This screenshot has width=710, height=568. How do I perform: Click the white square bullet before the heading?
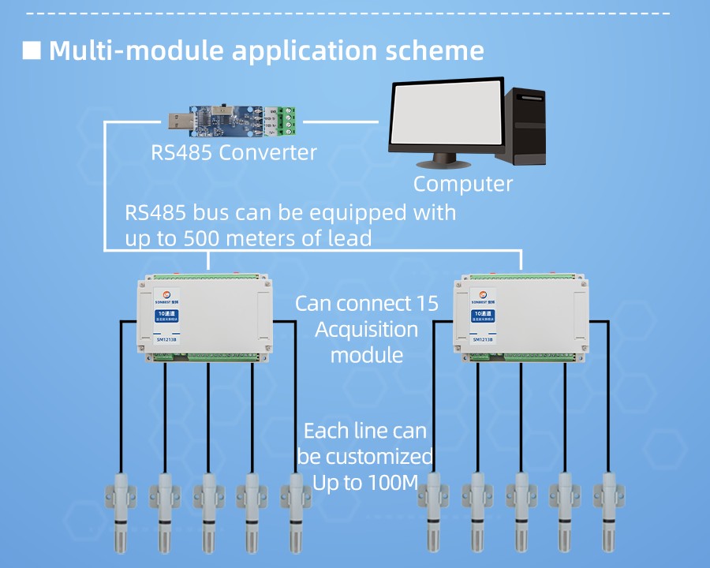point(32,50)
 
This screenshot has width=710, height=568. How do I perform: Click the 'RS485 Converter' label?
point(234,152)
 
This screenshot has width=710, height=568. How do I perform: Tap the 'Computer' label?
point(463,184)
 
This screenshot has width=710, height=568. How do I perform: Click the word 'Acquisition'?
point(366,329)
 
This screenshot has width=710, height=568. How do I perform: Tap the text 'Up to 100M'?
point(364,483)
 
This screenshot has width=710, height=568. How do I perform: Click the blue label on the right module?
point(483,316)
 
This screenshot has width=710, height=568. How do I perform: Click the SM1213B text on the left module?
point(166,340)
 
